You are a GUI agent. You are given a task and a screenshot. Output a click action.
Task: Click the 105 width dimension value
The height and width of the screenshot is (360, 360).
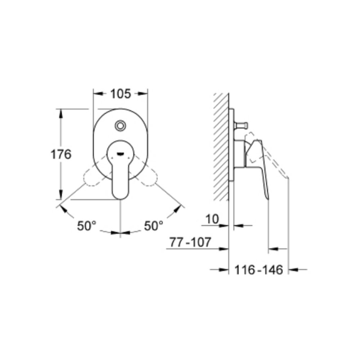[x=121, y=94]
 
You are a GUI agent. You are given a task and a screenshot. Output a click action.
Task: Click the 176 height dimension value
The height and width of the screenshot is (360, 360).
[x=61, y=154]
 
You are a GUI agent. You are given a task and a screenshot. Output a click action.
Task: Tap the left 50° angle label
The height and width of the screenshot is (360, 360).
[x=86, y=226]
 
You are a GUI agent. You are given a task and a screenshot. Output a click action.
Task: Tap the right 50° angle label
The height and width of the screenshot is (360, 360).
[x=154, y=226]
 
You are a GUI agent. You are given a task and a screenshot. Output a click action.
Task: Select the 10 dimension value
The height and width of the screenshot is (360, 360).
[x=212, y=219]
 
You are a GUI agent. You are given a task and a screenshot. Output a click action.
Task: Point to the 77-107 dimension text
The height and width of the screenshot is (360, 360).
[x=190, y=242]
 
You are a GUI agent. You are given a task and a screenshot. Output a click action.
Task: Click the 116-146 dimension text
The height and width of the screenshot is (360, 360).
[x=258, y=270]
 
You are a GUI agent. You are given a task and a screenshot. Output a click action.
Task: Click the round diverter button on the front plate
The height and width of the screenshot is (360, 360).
[x=120, y=126]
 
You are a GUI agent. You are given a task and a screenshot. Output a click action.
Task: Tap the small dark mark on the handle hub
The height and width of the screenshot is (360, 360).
[x=120, y=154]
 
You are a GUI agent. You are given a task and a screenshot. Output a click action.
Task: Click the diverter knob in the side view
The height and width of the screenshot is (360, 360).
[x=241, y=126]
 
